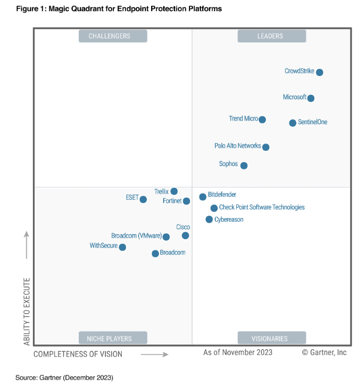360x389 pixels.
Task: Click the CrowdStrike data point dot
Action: pyautogui.click(x=319, y=72)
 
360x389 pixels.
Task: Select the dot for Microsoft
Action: pyautogui.click(x=311, y=98)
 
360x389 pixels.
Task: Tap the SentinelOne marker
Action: pyautogui.click(x=293, y=123)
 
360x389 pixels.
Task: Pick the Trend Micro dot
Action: pyautogui.click(x=262, y=120)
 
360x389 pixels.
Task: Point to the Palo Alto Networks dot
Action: pyautogui.click(x=266, y=147)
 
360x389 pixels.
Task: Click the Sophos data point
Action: pyautogui.click(x=243, y=166)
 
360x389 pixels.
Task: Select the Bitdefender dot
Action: pyautogui.click(x=203, y=197)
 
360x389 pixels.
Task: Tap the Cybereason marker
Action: pyautogui.click(x=209, y=220)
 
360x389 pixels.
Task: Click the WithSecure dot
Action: pyautogui.click(x=122, y=247)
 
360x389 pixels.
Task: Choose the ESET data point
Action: pyautogui.click(x=143, y=199)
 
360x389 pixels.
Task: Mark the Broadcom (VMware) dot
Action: pyautogui.click(x=166, y=237)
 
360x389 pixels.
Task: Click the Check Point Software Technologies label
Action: pyautogui.click(x=261, y=208)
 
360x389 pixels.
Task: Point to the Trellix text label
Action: pyautogui.click(x=161, y=192)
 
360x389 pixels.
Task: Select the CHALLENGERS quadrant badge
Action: pyautogui.click(x=112, y=36)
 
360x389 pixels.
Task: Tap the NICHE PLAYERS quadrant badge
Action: pyautogui.click(x=112, y=338)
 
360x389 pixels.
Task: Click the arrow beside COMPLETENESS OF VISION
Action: pyautogui.click(x=154, y=354)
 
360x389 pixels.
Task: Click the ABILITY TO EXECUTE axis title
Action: pyautogui.click(x=27, y=311)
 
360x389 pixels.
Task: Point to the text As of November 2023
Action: pyautogui.click(x=238, y=352)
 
